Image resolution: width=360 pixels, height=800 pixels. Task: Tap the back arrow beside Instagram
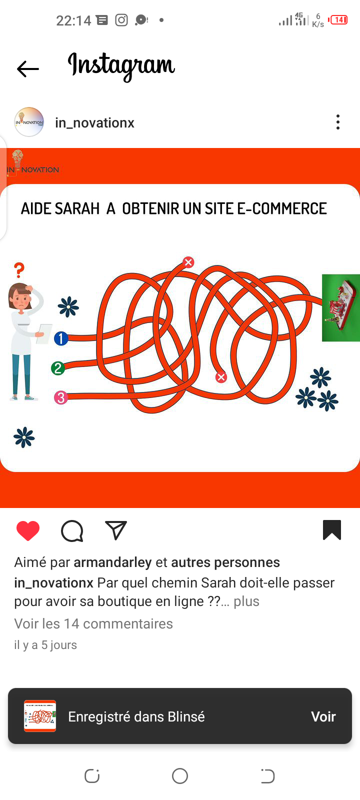point(28,69)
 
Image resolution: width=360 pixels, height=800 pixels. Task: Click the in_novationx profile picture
point(29,122)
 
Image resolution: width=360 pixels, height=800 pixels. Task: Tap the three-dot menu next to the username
point(338,122)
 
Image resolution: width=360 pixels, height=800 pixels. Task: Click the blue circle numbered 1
point(61,338)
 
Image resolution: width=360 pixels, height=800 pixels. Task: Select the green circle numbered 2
point(58,368)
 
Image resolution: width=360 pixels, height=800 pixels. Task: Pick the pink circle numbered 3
point(60,397)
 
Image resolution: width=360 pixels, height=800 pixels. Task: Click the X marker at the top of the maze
point(188,262)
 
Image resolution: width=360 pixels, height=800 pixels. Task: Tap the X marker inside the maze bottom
point(221,377)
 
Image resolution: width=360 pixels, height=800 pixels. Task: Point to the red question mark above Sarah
point(19,270)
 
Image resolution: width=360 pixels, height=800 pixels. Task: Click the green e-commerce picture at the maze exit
point(340,308)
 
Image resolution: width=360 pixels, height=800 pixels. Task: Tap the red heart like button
point(28,530)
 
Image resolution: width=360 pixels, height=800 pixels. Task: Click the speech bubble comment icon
point(72,531)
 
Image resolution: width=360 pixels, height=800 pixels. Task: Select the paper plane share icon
point(116,530)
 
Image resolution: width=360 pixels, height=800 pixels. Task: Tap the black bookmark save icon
point(332,530)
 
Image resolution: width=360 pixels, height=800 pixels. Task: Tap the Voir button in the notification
point(323,717)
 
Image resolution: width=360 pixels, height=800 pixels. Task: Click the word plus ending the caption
point(246,601)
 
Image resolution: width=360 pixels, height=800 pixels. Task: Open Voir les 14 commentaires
point(93,624)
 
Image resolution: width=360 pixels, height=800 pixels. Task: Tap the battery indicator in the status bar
point(338,20)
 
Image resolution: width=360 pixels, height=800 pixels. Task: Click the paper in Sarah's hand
point(44,333)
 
